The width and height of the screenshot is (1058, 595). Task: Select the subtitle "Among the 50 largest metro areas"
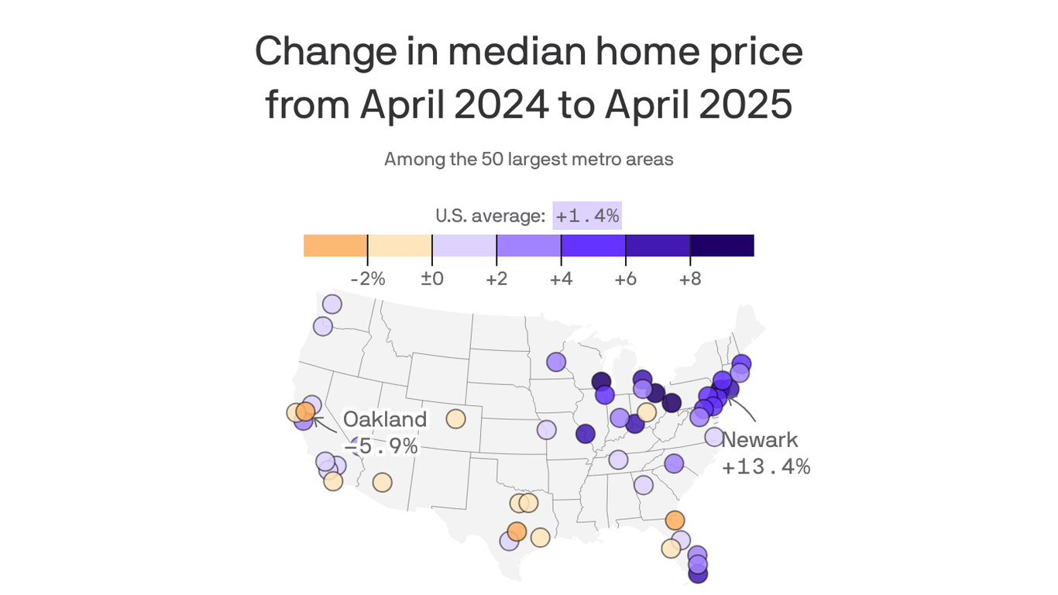528,160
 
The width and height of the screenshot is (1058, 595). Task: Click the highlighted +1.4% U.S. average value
586,216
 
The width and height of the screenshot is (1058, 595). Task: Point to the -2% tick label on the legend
367,279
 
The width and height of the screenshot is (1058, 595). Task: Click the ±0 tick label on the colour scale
431,279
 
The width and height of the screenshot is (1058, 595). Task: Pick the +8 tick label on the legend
689,279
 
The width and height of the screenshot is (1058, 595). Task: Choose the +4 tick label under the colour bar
561,279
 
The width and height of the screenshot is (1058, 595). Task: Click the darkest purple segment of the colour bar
722,246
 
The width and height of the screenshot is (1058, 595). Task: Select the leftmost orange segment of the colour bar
335,246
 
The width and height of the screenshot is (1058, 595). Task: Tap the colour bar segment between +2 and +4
528,246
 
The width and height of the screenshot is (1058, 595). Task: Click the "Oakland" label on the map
385,420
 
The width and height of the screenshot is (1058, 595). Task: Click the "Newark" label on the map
759,440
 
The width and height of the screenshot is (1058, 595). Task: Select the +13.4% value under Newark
765,466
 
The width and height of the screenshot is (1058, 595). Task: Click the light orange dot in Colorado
455,419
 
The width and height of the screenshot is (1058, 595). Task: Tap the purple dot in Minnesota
556,362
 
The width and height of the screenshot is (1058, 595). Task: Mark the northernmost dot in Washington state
331,304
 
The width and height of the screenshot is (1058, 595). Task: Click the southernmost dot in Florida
698,574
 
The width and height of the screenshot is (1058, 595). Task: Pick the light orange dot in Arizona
382,483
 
